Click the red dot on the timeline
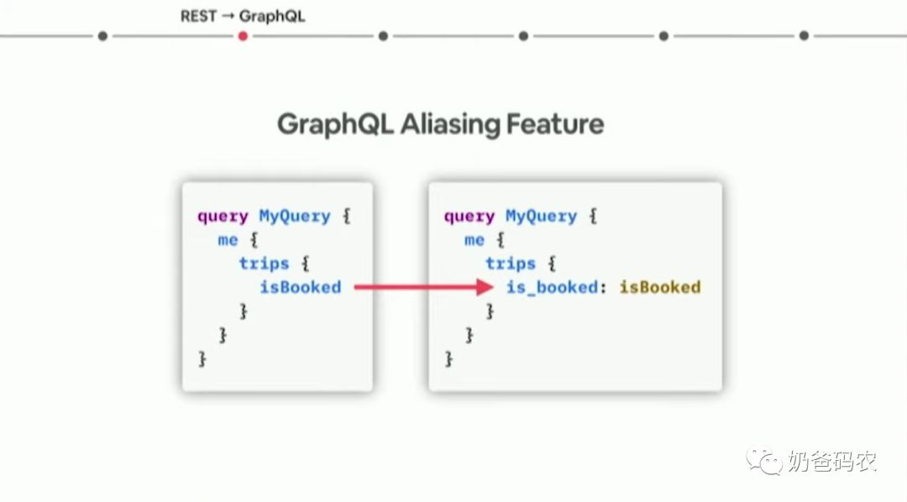pos(243,36)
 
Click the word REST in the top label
pos(198,16)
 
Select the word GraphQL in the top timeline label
pos(272,16)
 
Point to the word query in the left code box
pos(223,217)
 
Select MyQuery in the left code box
pos(295,217)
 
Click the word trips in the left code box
pos(264,264)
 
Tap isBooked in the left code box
pos(301,287)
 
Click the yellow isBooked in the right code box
pos(660,287)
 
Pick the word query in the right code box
pos(469,217)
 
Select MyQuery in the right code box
pos(542,217)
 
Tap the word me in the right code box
pos(474,240)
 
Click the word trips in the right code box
pos(511,264)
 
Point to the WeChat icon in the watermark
pos(766,461)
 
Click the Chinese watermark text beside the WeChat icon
pos(832,462)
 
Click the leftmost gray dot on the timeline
pos(102,36)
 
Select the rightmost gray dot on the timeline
pos(804,36)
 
